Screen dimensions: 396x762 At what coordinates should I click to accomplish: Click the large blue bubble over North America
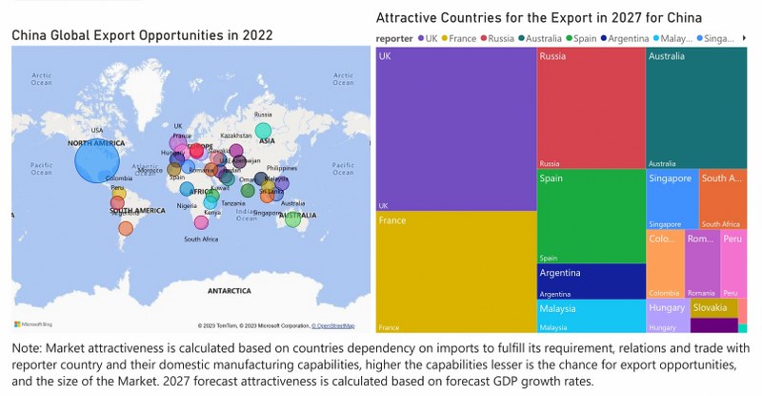click(x=99, y=159)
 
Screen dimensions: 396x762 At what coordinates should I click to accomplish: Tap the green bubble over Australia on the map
click(x=292, y=221)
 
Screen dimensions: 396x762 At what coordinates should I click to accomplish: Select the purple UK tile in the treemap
click(x=455, y=129)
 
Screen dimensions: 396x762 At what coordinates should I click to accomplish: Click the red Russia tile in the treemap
click(x=591, y=108)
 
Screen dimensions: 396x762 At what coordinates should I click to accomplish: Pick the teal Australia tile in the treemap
click(x=696, y=108)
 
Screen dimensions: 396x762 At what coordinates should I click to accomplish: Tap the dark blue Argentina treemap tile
click(x=591, y=281)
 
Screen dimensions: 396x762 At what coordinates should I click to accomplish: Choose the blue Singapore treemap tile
click(x=672, y=199)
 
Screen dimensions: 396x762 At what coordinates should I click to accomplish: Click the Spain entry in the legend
click(x=586, y=38)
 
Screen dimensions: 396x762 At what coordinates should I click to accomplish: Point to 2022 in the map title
click(x=256, y=35)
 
